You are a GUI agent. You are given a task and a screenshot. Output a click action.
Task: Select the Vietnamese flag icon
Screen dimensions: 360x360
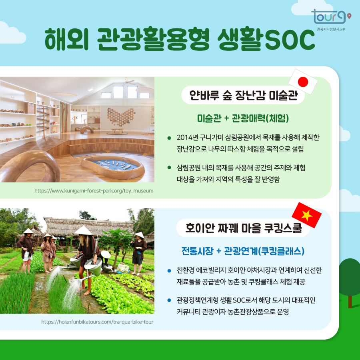(x=307, y=215)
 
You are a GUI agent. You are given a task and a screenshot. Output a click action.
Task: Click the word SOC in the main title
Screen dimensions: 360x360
(x=284, y=39)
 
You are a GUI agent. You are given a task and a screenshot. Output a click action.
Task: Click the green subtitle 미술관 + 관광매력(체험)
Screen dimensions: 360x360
(x=243, y=118)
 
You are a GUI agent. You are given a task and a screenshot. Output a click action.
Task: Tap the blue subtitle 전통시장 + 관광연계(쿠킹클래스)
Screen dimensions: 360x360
(x=243, y=251)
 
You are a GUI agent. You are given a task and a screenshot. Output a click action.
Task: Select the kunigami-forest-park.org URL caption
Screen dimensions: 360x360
(x=94, y=191)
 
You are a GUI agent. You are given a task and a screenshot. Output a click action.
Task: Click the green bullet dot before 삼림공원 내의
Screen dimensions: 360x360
(x=170, y=167)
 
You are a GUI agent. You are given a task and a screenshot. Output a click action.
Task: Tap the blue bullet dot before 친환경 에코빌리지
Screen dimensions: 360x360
(x=170, y=271)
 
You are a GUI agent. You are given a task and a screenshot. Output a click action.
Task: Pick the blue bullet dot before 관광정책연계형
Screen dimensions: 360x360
(x=170, y=300)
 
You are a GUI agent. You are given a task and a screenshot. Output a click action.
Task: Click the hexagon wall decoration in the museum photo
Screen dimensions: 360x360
(x=122, y=116)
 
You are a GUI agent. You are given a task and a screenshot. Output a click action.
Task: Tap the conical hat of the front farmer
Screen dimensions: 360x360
(x=83, y=230)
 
